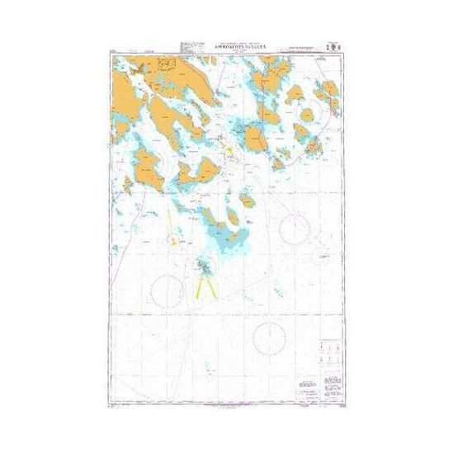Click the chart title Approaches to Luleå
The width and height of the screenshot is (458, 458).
point(229,50)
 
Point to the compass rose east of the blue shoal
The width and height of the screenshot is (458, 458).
point(295,229)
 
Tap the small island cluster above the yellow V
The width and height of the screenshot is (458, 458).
point(203,267)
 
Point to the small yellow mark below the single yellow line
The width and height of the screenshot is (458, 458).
point(171,241)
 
